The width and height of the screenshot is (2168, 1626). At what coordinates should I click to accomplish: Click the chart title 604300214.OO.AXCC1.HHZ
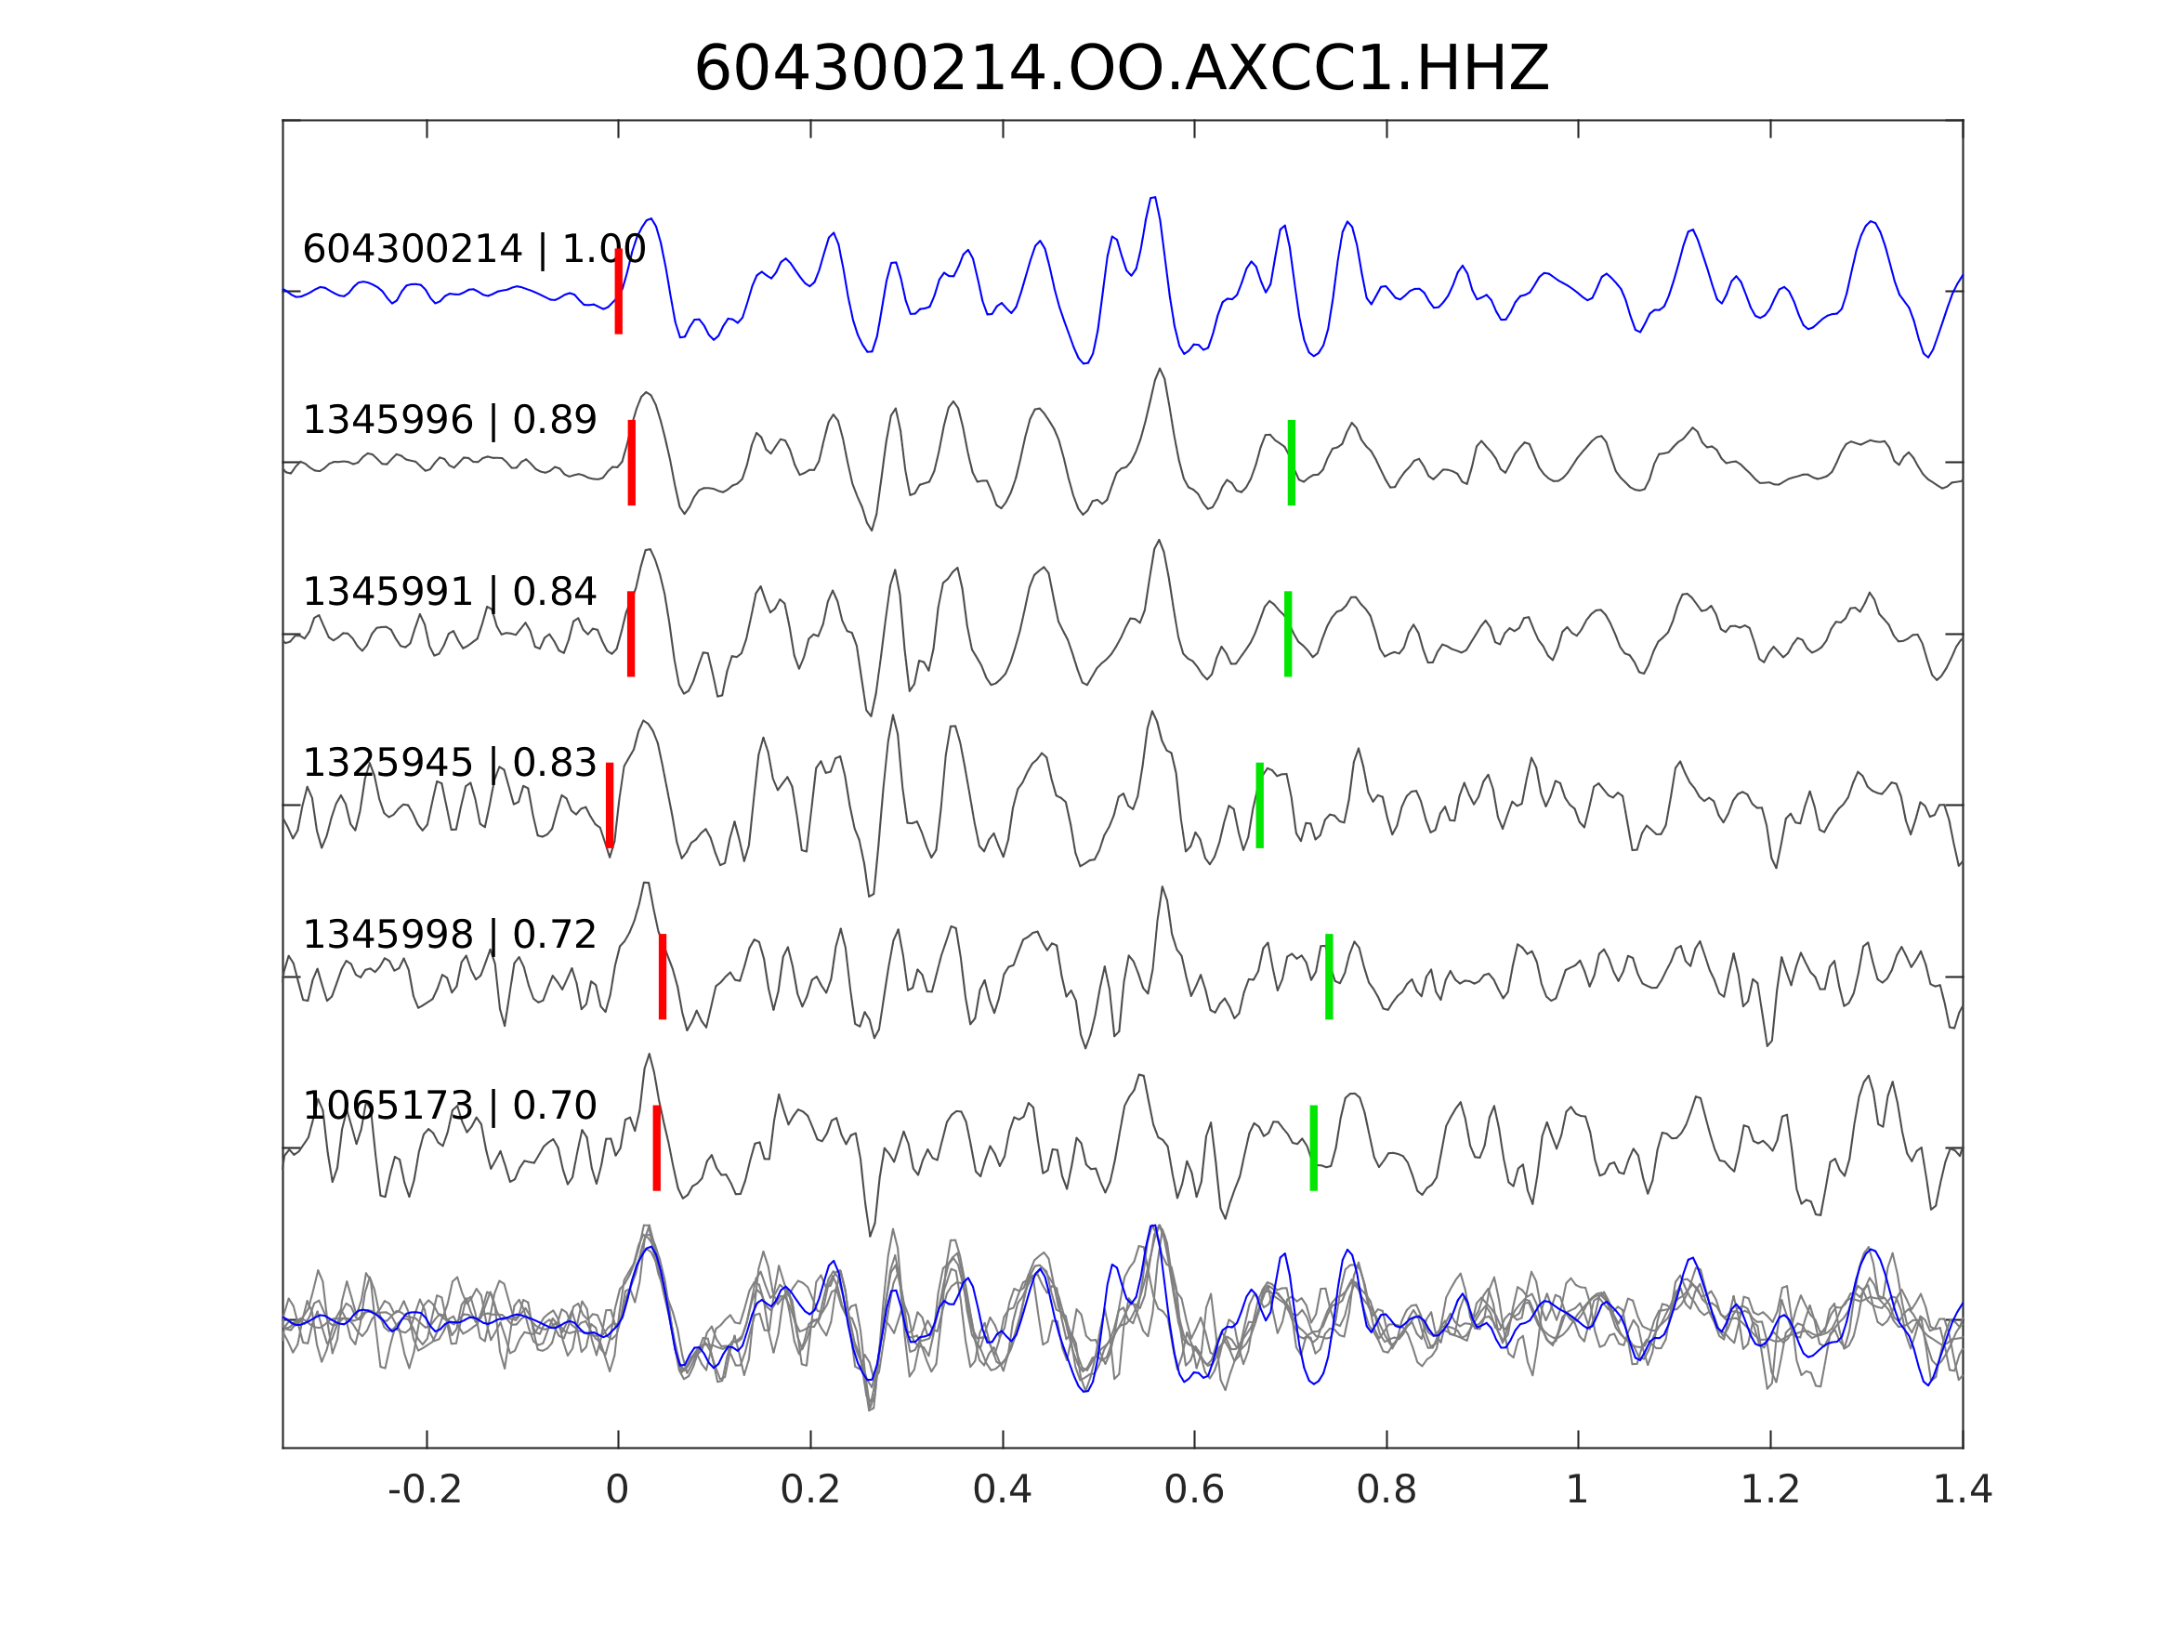click(1121, 70)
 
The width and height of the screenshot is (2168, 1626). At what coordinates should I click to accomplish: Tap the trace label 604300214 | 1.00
click(473, 250)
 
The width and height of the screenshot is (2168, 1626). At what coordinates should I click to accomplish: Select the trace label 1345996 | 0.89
click(449, 421)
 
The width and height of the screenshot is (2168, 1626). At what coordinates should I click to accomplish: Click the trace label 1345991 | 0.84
click(449, 592)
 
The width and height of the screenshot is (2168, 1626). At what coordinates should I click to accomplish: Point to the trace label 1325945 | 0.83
click(449, 763)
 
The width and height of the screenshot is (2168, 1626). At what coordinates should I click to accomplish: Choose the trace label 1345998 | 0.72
click(449, 935)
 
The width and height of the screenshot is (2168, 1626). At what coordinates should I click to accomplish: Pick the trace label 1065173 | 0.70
click(449, 1106)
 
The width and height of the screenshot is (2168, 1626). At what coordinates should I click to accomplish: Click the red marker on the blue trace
click(619, 292)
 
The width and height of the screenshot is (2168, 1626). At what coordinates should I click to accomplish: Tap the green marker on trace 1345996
click(1291, 463)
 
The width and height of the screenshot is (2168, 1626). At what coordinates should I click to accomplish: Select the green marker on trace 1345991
click(1287, 634)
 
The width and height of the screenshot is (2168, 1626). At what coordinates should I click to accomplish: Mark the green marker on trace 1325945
click(1259, 806)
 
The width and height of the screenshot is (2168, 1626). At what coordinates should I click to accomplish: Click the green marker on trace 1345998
click(1328, 977)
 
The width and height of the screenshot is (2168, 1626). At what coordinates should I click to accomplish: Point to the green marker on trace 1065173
click(1312, 1148)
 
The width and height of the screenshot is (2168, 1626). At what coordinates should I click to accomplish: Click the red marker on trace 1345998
click(663, 977)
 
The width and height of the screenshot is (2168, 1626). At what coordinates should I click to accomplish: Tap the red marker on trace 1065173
click(657, 1148)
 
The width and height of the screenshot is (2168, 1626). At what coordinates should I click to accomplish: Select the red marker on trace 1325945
click(610, 806)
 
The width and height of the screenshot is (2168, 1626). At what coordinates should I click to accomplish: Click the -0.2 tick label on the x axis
click(425, 1490)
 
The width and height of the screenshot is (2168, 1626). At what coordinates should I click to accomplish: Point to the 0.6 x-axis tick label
click(1194, 1490)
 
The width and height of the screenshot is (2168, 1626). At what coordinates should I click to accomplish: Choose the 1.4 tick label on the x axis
click(1963, 1490)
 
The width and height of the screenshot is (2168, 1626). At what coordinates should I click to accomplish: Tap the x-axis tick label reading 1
click(1577, 1490)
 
